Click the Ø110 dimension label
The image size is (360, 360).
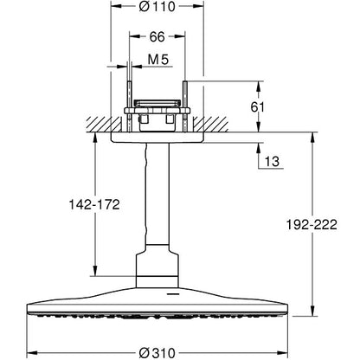click(157, 6)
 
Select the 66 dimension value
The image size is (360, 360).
click(157, 36)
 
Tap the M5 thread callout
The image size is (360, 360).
click(158, 60)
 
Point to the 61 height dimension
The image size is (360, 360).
click(257, 107)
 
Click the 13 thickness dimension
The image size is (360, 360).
click(272, 162)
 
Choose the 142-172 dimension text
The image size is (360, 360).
click(94, 204)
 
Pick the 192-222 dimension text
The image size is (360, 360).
click(312, 224)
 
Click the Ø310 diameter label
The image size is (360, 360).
click(157, 353)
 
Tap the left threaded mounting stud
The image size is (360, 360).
click(130, 107)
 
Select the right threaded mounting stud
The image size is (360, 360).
click(185, 107)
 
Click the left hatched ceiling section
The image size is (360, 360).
click(104, 125)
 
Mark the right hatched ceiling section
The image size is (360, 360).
click(211, 125)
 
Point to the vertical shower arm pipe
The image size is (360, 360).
click(157, 194)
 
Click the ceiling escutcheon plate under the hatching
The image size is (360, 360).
click(157, 138)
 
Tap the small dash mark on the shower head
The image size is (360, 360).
click(172, 295)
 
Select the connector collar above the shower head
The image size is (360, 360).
click(157, 266)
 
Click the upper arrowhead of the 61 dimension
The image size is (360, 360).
click(259, 87)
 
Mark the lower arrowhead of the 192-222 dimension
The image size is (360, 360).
click(312, 311)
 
